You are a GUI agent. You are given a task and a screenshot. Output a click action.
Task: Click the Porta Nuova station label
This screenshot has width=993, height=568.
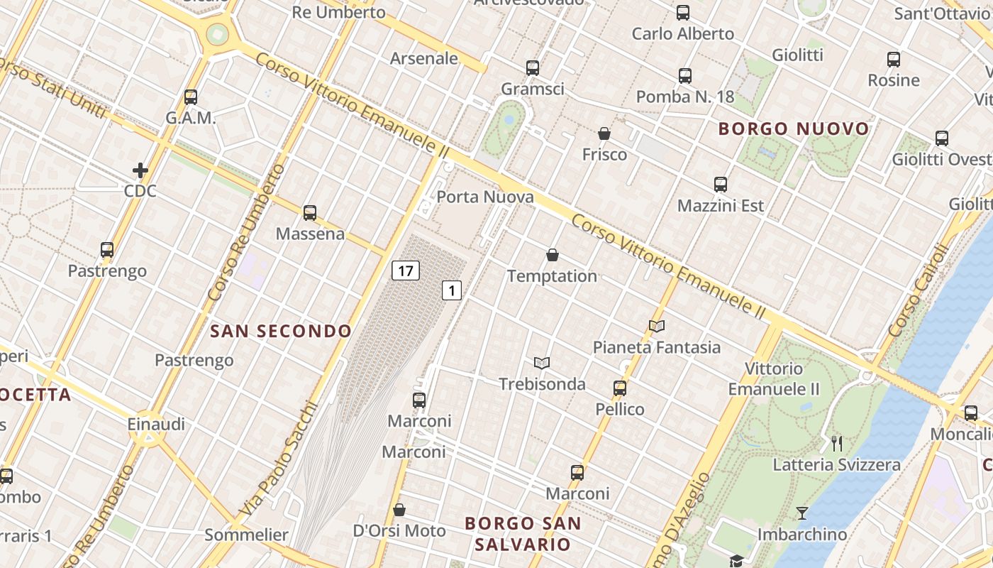tap(485, 197)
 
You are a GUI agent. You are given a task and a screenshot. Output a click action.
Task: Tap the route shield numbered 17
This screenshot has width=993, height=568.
tap(405, 271)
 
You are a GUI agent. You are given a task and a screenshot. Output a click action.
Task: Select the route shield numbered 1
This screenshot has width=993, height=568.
tap(452, 290)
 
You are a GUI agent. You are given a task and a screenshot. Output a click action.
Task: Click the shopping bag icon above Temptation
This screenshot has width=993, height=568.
tap(553, 255)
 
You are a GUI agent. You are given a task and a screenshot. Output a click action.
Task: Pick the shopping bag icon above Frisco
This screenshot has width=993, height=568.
tap(604, 133)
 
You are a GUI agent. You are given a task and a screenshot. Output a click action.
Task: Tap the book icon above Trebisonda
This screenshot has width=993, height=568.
tap(542, 364)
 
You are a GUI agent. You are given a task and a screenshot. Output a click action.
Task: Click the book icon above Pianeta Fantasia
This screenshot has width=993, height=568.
tap(657, 327)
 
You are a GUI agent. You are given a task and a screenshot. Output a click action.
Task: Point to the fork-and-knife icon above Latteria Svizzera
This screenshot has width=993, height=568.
tap(837, 444)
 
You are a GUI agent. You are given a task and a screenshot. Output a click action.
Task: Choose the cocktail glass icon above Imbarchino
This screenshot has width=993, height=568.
tap(802, 513)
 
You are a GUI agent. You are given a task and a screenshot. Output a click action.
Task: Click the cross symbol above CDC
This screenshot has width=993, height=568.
tap(140, 170)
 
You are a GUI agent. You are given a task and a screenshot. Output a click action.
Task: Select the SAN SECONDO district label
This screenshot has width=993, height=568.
tap(281, 331)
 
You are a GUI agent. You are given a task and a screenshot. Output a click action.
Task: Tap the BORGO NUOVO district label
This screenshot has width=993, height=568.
tap(794, 129)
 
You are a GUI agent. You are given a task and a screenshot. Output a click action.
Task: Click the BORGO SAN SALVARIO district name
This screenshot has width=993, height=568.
tap(523, 534)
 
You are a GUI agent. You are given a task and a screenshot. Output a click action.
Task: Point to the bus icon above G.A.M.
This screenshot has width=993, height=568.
tap(191, 97)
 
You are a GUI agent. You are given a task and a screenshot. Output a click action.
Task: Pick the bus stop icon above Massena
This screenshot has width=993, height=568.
tap(310, 212)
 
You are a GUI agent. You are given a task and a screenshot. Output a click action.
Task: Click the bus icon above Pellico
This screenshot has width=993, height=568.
tap(620, 388)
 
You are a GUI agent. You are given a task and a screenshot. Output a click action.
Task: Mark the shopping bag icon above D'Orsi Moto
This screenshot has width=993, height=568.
tap(399, 510)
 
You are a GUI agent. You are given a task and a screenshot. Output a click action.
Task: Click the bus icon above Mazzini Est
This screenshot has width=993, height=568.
tap(721, 185)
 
